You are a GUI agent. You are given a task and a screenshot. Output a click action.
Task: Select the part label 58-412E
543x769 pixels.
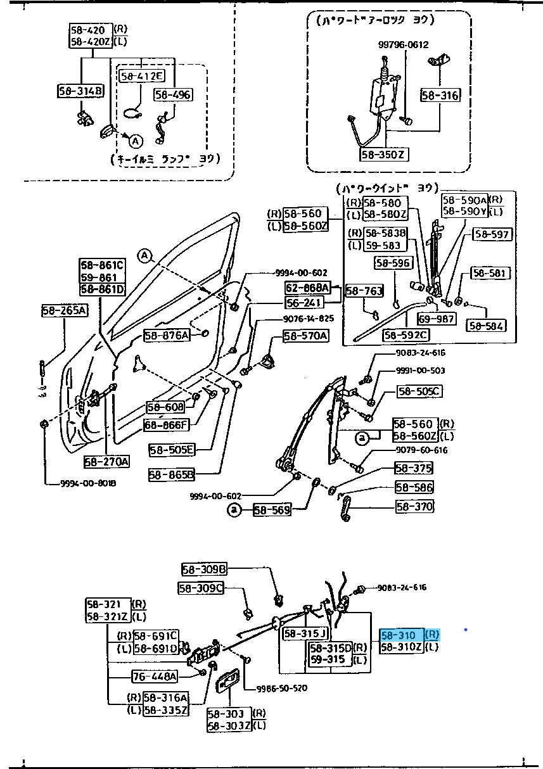click(x=141, y=76)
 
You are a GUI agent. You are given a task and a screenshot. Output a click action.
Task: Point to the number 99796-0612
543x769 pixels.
click(x=404, y=44)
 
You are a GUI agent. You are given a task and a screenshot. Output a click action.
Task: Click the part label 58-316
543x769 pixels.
click(x=440, y=96)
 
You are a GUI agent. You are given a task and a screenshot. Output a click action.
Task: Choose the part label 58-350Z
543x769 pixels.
click(x=383, y=154)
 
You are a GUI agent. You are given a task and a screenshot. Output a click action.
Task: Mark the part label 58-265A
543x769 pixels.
click(x=65, y=310)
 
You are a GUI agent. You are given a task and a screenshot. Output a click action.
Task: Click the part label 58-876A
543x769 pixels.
click(x=167, y=335)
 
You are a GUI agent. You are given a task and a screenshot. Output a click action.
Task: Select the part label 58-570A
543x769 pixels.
click(x=305, y=336)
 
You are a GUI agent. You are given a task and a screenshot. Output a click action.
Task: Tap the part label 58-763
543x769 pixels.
click(x=365, y=291)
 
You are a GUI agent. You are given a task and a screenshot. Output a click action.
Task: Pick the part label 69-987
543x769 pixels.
click(x=437, y=319)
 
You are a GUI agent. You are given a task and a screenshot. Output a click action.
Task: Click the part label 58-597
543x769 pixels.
click(x=492, y=234)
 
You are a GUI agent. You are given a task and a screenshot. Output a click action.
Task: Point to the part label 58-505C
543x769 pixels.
click(x=419, y=391)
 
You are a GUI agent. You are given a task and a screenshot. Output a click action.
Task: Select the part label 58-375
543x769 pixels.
click(x=414, y=468)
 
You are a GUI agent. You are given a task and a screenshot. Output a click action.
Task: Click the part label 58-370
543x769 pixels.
click(x=415, y=506)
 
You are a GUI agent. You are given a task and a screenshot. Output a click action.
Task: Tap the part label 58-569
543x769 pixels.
click(x=272, y=509)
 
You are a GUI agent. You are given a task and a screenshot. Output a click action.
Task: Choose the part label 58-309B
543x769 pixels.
click(x=204, y=569)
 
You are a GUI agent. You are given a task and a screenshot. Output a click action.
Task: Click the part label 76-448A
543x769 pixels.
click(x=154, y=677)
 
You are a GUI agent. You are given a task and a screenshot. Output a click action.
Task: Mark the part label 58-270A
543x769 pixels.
click(x=106, y=461)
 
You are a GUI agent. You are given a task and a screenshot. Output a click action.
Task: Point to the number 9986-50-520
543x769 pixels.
click(x=282, y=688)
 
